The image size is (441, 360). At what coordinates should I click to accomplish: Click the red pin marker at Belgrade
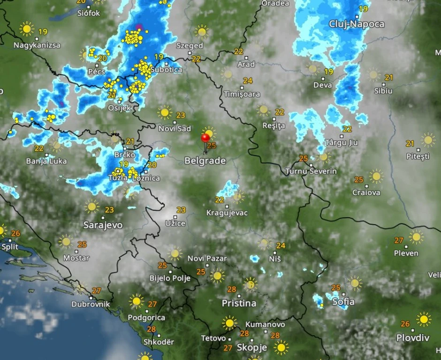[205, 138]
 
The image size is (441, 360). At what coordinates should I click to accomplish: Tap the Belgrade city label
[205, 161]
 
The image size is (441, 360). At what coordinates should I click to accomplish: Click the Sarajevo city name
[103, 225]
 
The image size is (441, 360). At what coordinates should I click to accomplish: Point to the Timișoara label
[242, 94]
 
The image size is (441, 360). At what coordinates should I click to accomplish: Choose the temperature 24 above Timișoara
[248, 81]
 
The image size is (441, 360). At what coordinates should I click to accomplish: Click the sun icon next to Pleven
[416, 237]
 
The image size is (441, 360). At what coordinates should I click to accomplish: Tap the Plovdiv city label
[413, 337]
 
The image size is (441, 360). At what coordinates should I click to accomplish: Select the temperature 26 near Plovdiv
[405, 324]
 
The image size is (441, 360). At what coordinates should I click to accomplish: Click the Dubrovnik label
[91, 304]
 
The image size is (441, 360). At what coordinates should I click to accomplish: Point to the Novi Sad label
[175, 129]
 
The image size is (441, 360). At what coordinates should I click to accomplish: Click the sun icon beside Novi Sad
[165, 112]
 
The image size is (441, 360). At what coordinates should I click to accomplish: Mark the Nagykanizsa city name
[37, 46]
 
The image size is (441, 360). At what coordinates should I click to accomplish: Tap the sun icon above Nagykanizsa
[27, 29]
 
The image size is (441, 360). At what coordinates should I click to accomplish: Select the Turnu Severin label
[311, 171]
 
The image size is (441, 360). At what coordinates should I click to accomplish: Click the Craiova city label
[366, 192]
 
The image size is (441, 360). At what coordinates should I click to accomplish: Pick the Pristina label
[239, 303]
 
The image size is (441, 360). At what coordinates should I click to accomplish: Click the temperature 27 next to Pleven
[399, 240]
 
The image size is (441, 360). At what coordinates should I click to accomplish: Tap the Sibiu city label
[383, 91]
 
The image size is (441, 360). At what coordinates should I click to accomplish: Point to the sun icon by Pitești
[427, 139]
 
